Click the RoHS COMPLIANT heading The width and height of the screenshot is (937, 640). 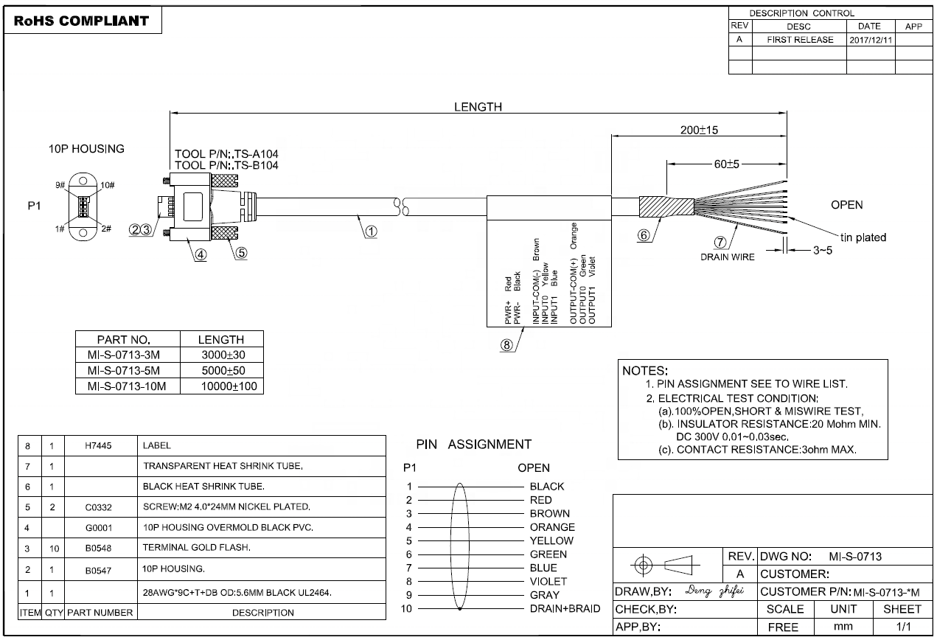[x=81, y=21]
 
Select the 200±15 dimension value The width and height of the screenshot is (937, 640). [x=699, y=131]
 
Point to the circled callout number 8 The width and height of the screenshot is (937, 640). [x=506, y=344]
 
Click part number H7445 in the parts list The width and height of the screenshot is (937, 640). [x=100, y=446]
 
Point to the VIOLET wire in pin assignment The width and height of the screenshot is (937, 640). [x=548, y=581]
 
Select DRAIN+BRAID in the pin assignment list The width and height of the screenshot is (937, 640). [x=565, y=608]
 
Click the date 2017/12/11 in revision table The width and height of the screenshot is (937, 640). [x=871, y=40]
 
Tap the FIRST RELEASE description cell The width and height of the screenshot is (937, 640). [x=800, y=40]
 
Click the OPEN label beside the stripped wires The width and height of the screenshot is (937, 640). [x=846, y=205]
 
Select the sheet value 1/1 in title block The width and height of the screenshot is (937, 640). [x=902, y=627]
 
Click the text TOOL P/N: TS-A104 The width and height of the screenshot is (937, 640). [x=226, y=154]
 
